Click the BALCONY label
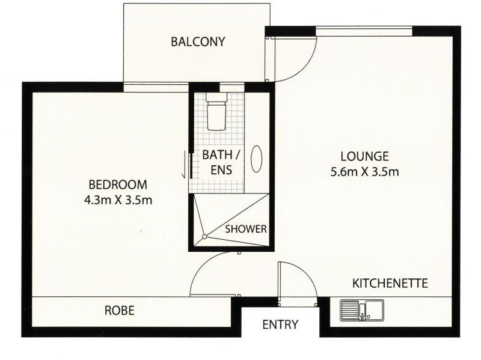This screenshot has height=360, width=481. click(198, 42)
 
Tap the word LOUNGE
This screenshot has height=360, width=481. click(363, 155)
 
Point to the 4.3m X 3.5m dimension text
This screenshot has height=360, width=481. click(118, 200)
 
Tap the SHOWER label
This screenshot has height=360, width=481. click(246, 229)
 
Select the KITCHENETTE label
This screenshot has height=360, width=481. click(390, 282)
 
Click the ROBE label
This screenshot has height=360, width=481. click(119, 311)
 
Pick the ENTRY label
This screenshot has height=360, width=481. click(280, 325)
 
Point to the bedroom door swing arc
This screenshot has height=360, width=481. click(207, 264)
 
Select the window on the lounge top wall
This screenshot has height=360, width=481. click(364, 30)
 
